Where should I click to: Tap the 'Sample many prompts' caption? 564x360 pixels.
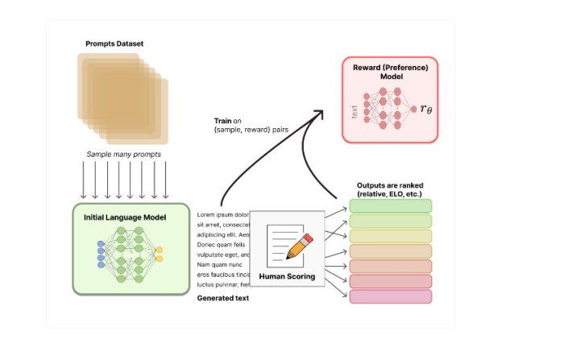pos(123,153)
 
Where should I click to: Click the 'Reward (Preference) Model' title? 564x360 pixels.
pos(390,72)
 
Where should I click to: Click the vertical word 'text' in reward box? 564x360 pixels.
pos(355,111)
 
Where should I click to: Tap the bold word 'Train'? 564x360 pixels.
pos(223,120)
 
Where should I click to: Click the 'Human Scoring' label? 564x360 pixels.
pos(287,276)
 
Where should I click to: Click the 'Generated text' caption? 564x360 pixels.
pos(223,298)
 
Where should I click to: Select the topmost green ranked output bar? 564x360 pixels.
pos(391,205)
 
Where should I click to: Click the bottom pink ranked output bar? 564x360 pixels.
pos(391,296)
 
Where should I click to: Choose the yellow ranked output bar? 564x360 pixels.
pos(391,236)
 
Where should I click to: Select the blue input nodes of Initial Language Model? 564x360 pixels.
pos(101,254)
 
